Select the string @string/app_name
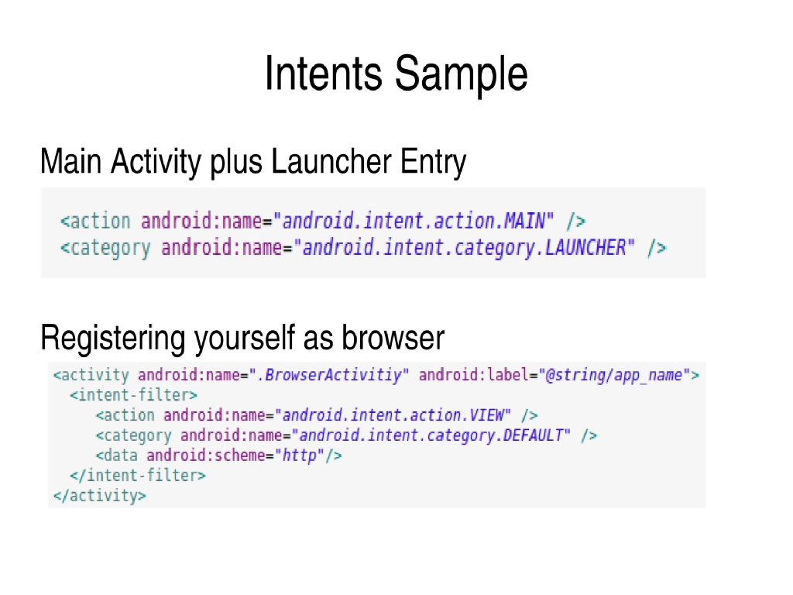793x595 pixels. pyautogui.click(x=615, y=376)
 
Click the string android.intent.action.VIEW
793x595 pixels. pyautogui.click(x=393, y=415)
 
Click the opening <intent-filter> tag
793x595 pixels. pyautogui.click(x=133, y=395)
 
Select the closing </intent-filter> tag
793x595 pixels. pyautogui.click(x=138, y=475)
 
